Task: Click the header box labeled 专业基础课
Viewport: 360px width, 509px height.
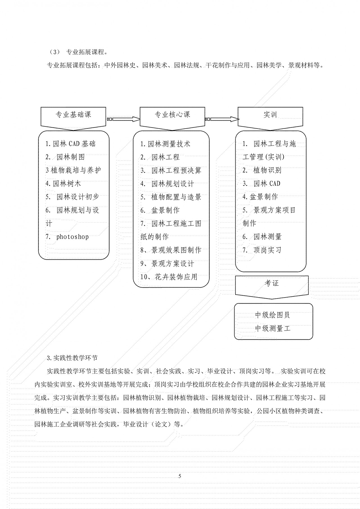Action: pyautogui.click(x=73, y=115)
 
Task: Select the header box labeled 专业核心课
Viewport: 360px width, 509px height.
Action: pyautogui.click(x=172, y=115)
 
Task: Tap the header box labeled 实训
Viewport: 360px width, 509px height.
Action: pyautogui.click(x=270, y=115)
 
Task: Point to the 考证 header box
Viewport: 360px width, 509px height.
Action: pyautogui.click(x=272, y=284)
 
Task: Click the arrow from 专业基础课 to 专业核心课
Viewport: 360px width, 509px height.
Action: pyautogui.click(x=123, y=119)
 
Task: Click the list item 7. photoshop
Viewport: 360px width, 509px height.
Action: pyautogui.click(x=67, y=237)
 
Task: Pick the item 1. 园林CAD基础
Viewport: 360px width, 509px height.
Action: pyautogui.click(x=71, y=144)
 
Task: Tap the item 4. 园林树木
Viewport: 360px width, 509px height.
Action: pyautogui.click(x=63, y=184)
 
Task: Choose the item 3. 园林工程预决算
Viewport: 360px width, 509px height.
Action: pyautogui.click(x=171, y=170)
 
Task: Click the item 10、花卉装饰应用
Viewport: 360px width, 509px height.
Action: pyautogui.click(x=169, y=277)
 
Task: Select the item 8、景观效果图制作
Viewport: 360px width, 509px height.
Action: pyautogui.click(x=171, y=250)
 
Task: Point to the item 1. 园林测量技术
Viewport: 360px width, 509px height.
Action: pyautogui.click(x=165, y=144)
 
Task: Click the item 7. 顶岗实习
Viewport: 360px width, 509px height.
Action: pyautogui.click(x=262, y=250)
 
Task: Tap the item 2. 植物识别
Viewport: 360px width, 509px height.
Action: pyautogui.click(x=262, y=170)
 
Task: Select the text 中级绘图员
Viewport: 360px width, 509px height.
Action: pyautogui.click(x=272, y=315)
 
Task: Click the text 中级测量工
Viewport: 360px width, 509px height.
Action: pyautogui.click(x=272, y=328)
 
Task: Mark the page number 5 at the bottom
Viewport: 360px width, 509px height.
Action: pyautogui.click(x=180, y=476)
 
